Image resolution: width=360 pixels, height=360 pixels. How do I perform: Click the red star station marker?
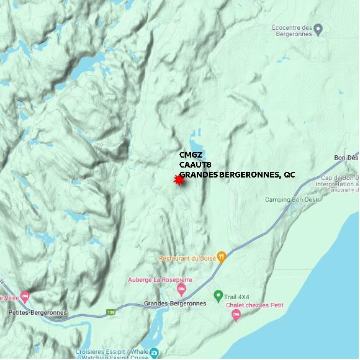pyautogui.click(x=179, y=180)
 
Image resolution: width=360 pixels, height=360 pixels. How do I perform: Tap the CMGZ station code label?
pyautogui.click(x=191, y=155)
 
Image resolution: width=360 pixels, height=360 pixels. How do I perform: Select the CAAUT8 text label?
pyautogui.click(x=195, y=165)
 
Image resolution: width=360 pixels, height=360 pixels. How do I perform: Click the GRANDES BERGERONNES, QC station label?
pyautogui.click(x=237, y=175)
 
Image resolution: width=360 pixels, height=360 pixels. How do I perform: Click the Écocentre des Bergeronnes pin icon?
pyautogui.click(x=318, y=28)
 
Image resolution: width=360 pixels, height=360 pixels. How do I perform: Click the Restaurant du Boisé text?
pyautogui.click(x=187, y=258)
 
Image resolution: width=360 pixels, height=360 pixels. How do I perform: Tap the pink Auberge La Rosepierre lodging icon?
pyautogui.click(x=181, y=289)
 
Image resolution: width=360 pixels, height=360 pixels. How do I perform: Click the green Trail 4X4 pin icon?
pyautogui.click(x=218, y=295)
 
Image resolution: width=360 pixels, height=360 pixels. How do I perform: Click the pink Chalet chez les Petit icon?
pyautogui.click(x=235, y=315)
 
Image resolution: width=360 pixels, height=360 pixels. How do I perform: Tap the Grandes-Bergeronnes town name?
pyautogui.click(x=174, y=304)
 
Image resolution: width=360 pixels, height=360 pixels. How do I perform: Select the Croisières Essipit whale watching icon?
pyautogui.click(x=154, y=353)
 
